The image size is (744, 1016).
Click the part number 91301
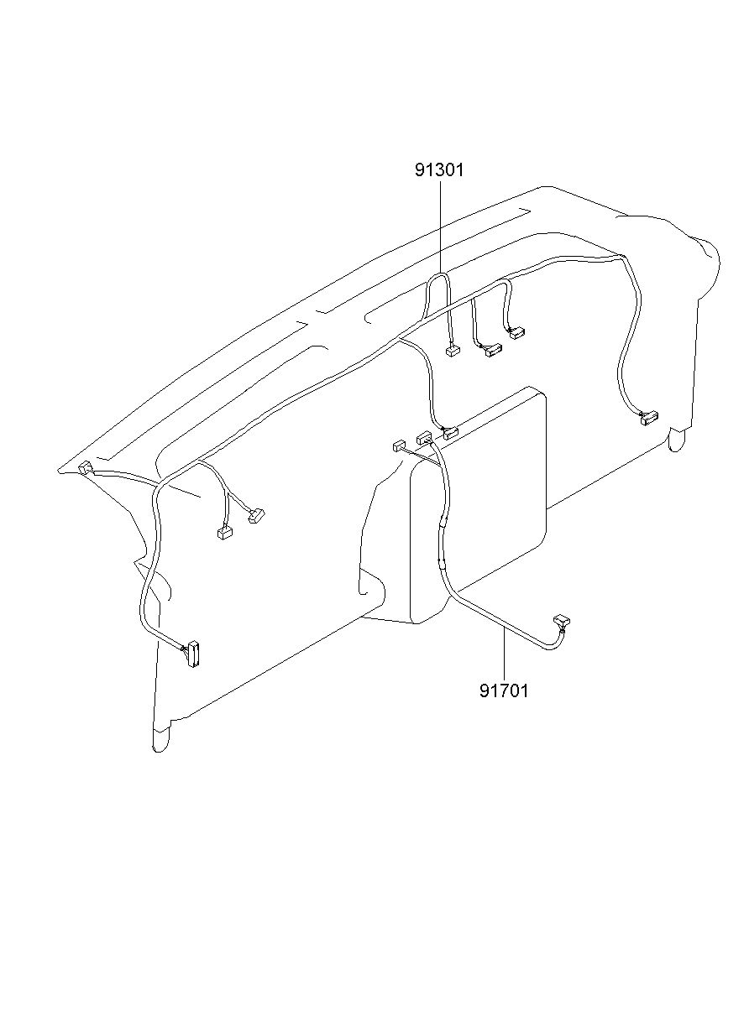pyautogui.click(x=439, y=170)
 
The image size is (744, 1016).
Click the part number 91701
pyautogui.click(x=504, y=691)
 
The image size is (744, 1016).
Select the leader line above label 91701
pyautogui.click(x=505, y=654)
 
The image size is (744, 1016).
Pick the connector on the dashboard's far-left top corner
pyautogui.click(x=85, y=467)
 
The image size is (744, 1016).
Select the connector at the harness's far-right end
pyautogui.click(x=650, y=417)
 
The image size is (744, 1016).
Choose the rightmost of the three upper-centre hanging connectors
pyautogui.click(x=517, y=333)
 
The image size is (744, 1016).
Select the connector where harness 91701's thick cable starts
pyautogui.click(x=424, y=437)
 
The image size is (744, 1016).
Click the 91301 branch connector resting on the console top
pyautogui.click(x=451, y=433)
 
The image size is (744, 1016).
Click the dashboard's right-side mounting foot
pyautogui.click(x=676, y=439)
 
